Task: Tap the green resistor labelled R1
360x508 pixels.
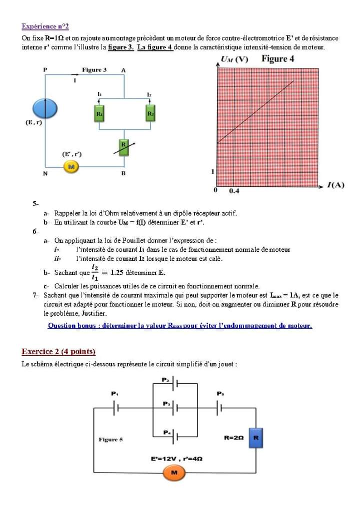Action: pyautogui.click(x=99, y=114)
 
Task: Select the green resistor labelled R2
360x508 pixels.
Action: pyautogui.click(x=150, y=114)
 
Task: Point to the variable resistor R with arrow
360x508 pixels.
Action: pyautogui.click(x=123, y=147)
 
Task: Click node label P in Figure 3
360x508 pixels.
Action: pyautogui.click(x=45, y=70)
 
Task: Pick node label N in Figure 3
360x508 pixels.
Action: pyautogui.click(x=45, y=173)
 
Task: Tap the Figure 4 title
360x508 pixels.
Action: pyautogui.click(x=277, y=59)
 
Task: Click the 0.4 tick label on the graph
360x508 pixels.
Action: pyautogui.click(x=234, y=191)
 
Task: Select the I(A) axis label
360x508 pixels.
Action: pyautogui.click(x=335, y=185)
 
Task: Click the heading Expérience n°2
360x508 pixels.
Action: pyautogui.click(x=45, y=26)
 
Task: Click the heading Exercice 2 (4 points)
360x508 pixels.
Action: pyautogui.click(x=58, y=351)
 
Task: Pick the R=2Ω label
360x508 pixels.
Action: pyautogui.click(x=233, y=438)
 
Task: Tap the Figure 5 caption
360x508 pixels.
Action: pyautogui.click(x=110, y=440)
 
